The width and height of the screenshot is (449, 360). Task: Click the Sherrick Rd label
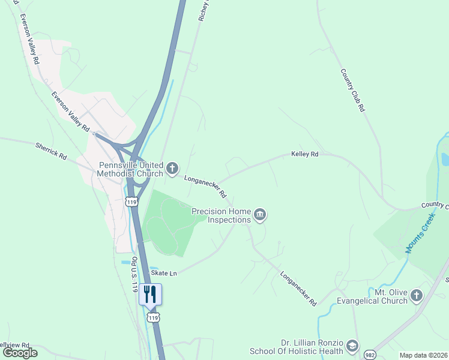pos(50,150)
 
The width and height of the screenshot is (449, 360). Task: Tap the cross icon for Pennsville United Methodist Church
pos(172,169)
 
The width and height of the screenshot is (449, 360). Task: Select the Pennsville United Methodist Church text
pos(131,169)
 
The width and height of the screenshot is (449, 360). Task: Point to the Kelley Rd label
pos(304,154)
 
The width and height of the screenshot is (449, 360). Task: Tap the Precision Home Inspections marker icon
pos(260,215)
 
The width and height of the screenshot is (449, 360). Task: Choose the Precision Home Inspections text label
pos(220,215)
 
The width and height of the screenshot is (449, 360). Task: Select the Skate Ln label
pos(164,273)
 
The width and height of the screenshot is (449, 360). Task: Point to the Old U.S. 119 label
pos(135,274)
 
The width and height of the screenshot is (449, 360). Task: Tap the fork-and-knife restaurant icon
pos(150,294)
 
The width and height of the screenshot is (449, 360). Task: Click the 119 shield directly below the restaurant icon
pos(152,316)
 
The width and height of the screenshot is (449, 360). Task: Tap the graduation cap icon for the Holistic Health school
pos(353,346)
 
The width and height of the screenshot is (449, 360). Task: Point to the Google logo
pos(20,353)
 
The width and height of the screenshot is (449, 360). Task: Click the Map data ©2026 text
pos(423,355)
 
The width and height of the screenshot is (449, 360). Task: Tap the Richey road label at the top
pos(203,11)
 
